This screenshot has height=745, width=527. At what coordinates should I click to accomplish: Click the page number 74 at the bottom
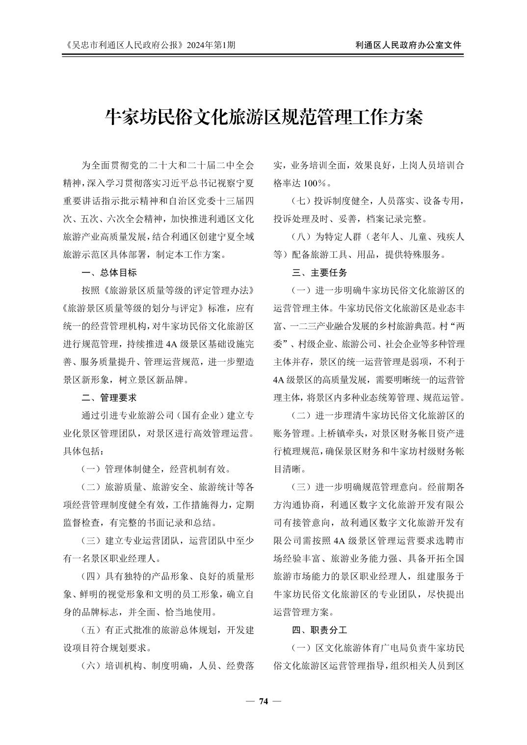pos(263,701)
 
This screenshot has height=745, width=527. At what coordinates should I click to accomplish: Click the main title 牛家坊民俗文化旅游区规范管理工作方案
pos(264,117)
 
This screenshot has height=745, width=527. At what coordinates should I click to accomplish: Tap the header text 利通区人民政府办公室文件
pos(408,45)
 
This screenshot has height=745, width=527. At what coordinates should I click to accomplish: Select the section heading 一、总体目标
pos(109,273)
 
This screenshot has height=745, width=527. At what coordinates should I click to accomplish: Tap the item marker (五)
pos(92,630)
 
